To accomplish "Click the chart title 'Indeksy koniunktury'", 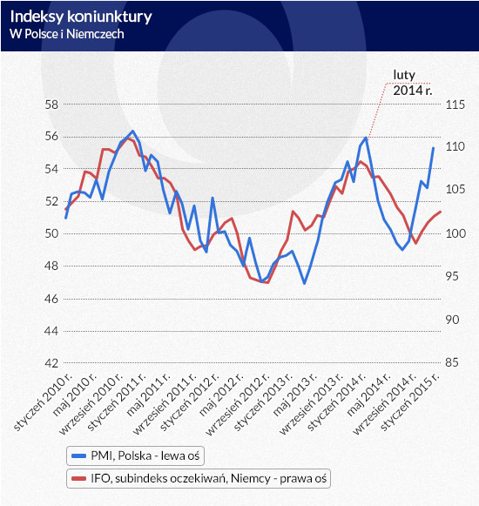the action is (x=81, y=17).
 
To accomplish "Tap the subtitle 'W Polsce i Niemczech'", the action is (x=67, y=34).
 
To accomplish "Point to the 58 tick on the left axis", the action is (x=51, y=105).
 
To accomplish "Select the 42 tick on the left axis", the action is (x=51, y=363).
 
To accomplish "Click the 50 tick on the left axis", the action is (x=51, y=233).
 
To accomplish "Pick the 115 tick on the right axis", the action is (x=455, y=105).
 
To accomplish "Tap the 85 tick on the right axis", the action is (x=452, y=362).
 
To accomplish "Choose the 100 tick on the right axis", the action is (x=455, y=233).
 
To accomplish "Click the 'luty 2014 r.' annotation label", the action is (x=412, y=83).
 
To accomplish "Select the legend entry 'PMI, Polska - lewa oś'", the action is (x=135, y=455).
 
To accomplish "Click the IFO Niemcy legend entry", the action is (x=199, y=478).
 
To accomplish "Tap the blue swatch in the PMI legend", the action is (x=78, y=456).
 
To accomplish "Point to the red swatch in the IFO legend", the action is (x=78, y=479).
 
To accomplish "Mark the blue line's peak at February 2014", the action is (x=366, y=138).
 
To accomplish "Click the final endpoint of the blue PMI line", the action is (x=433, y=148).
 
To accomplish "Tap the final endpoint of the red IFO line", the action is (x=441, y=212).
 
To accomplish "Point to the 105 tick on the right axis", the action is (x=455, y=189).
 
